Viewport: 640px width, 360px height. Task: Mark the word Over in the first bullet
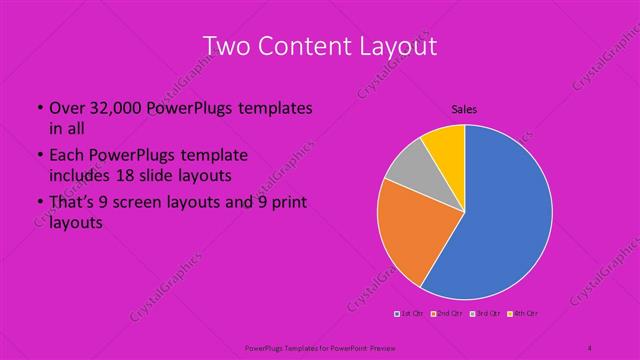tap(64, 107)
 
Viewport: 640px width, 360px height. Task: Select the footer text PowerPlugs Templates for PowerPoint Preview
tap(320, 347)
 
